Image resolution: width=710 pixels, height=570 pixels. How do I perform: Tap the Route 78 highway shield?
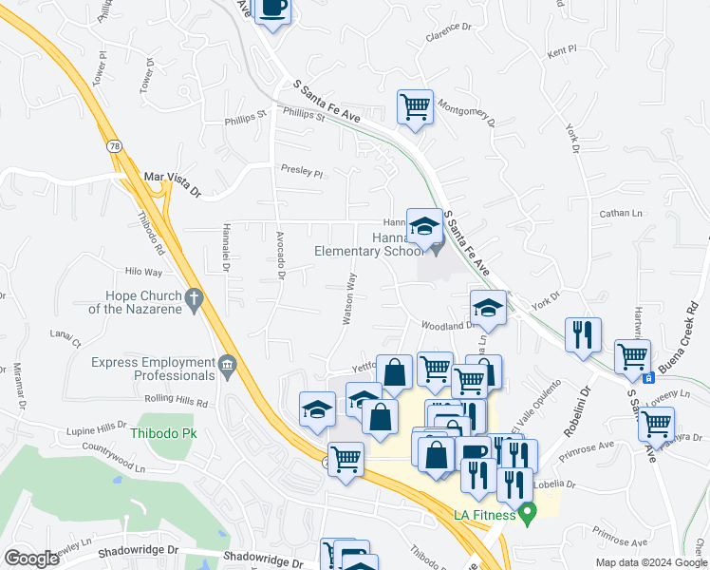[114, 146]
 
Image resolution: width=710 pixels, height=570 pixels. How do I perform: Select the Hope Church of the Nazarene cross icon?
[194, 300]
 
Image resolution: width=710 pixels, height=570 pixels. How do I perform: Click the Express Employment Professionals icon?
[227, 365]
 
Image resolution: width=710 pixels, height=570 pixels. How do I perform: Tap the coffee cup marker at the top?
[273, 8]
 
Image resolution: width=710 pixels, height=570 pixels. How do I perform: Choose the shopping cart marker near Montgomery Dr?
[415, 106]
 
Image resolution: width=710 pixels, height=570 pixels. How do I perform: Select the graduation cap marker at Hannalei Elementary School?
[424, 226]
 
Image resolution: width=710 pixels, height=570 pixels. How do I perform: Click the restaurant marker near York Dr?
[583, 333]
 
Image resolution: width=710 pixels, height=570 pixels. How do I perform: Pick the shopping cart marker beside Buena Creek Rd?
[632, 356]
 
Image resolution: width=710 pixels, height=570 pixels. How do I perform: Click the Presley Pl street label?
[302, 174]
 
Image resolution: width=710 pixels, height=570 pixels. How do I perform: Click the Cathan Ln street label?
[622, 215]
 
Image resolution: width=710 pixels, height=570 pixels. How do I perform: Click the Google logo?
[31, 559]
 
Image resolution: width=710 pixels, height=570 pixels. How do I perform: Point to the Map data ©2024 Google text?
[650, 562]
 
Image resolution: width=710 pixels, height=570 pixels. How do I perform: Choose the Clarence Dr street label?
[449, 34]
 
